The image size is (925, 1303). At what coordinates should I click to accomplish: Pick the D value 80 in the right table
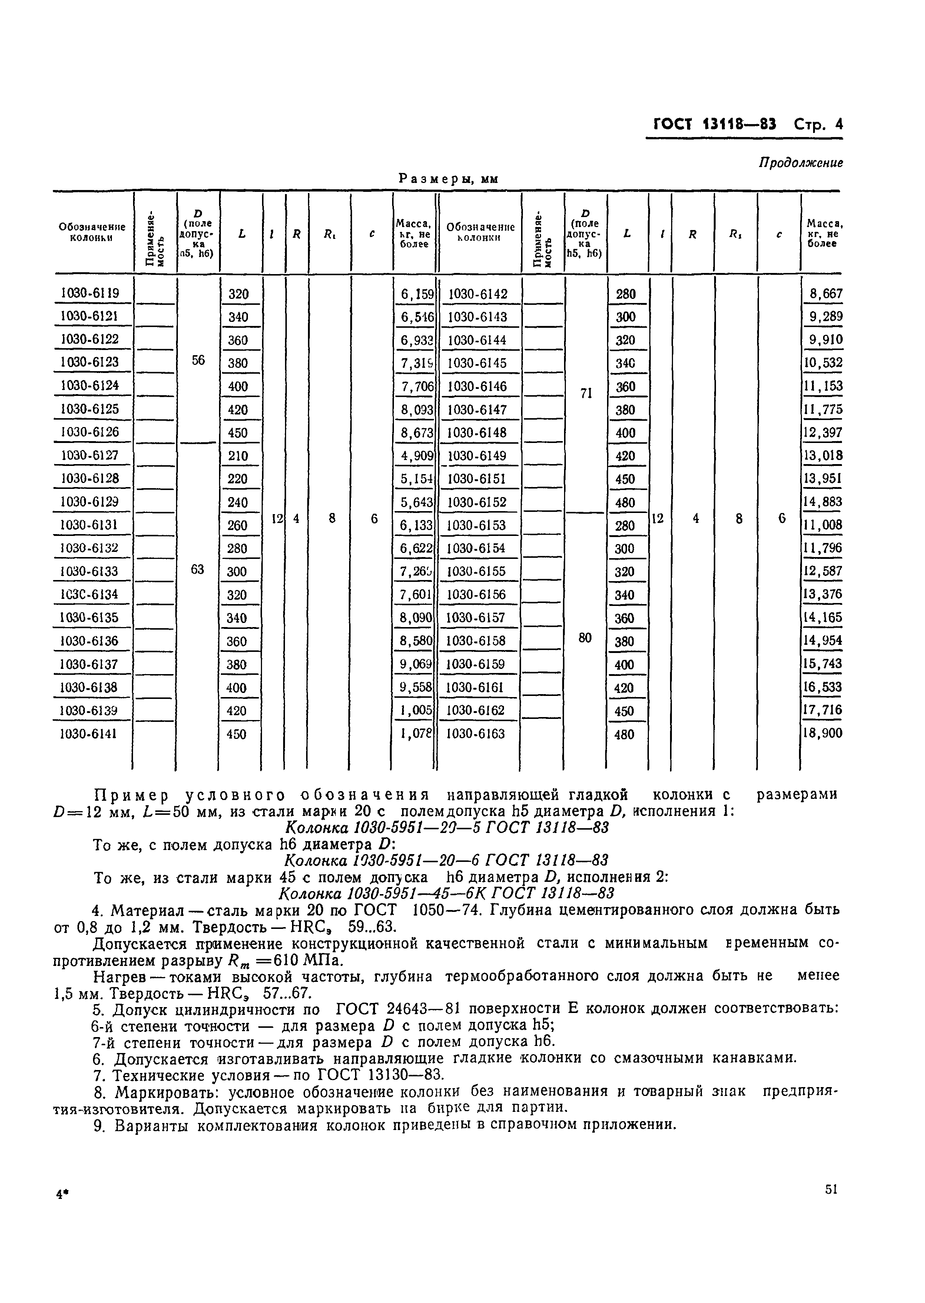click(x=585, y=638)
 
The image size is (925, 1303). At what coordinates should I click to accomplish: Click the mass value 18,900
click(x=822, y=733)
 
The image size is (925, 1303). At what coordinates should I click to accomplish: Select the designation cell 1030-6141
click(x=89, y=734)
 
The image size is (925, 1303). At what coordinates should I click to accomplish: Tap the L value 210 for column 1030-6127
click(x=238, y=456)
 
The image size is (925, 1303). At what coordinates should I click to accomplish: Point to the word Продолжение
click(x=800, y=163)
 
